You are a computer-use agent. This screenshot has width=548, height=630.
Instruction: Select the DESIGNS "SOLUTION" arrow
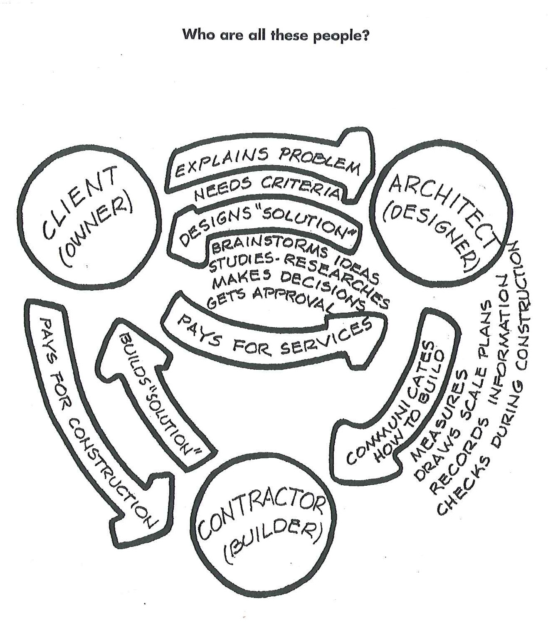(x=266, y=225)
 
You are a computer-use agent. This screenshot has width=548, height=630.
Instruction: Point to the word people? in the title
(x=341, y=35)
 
